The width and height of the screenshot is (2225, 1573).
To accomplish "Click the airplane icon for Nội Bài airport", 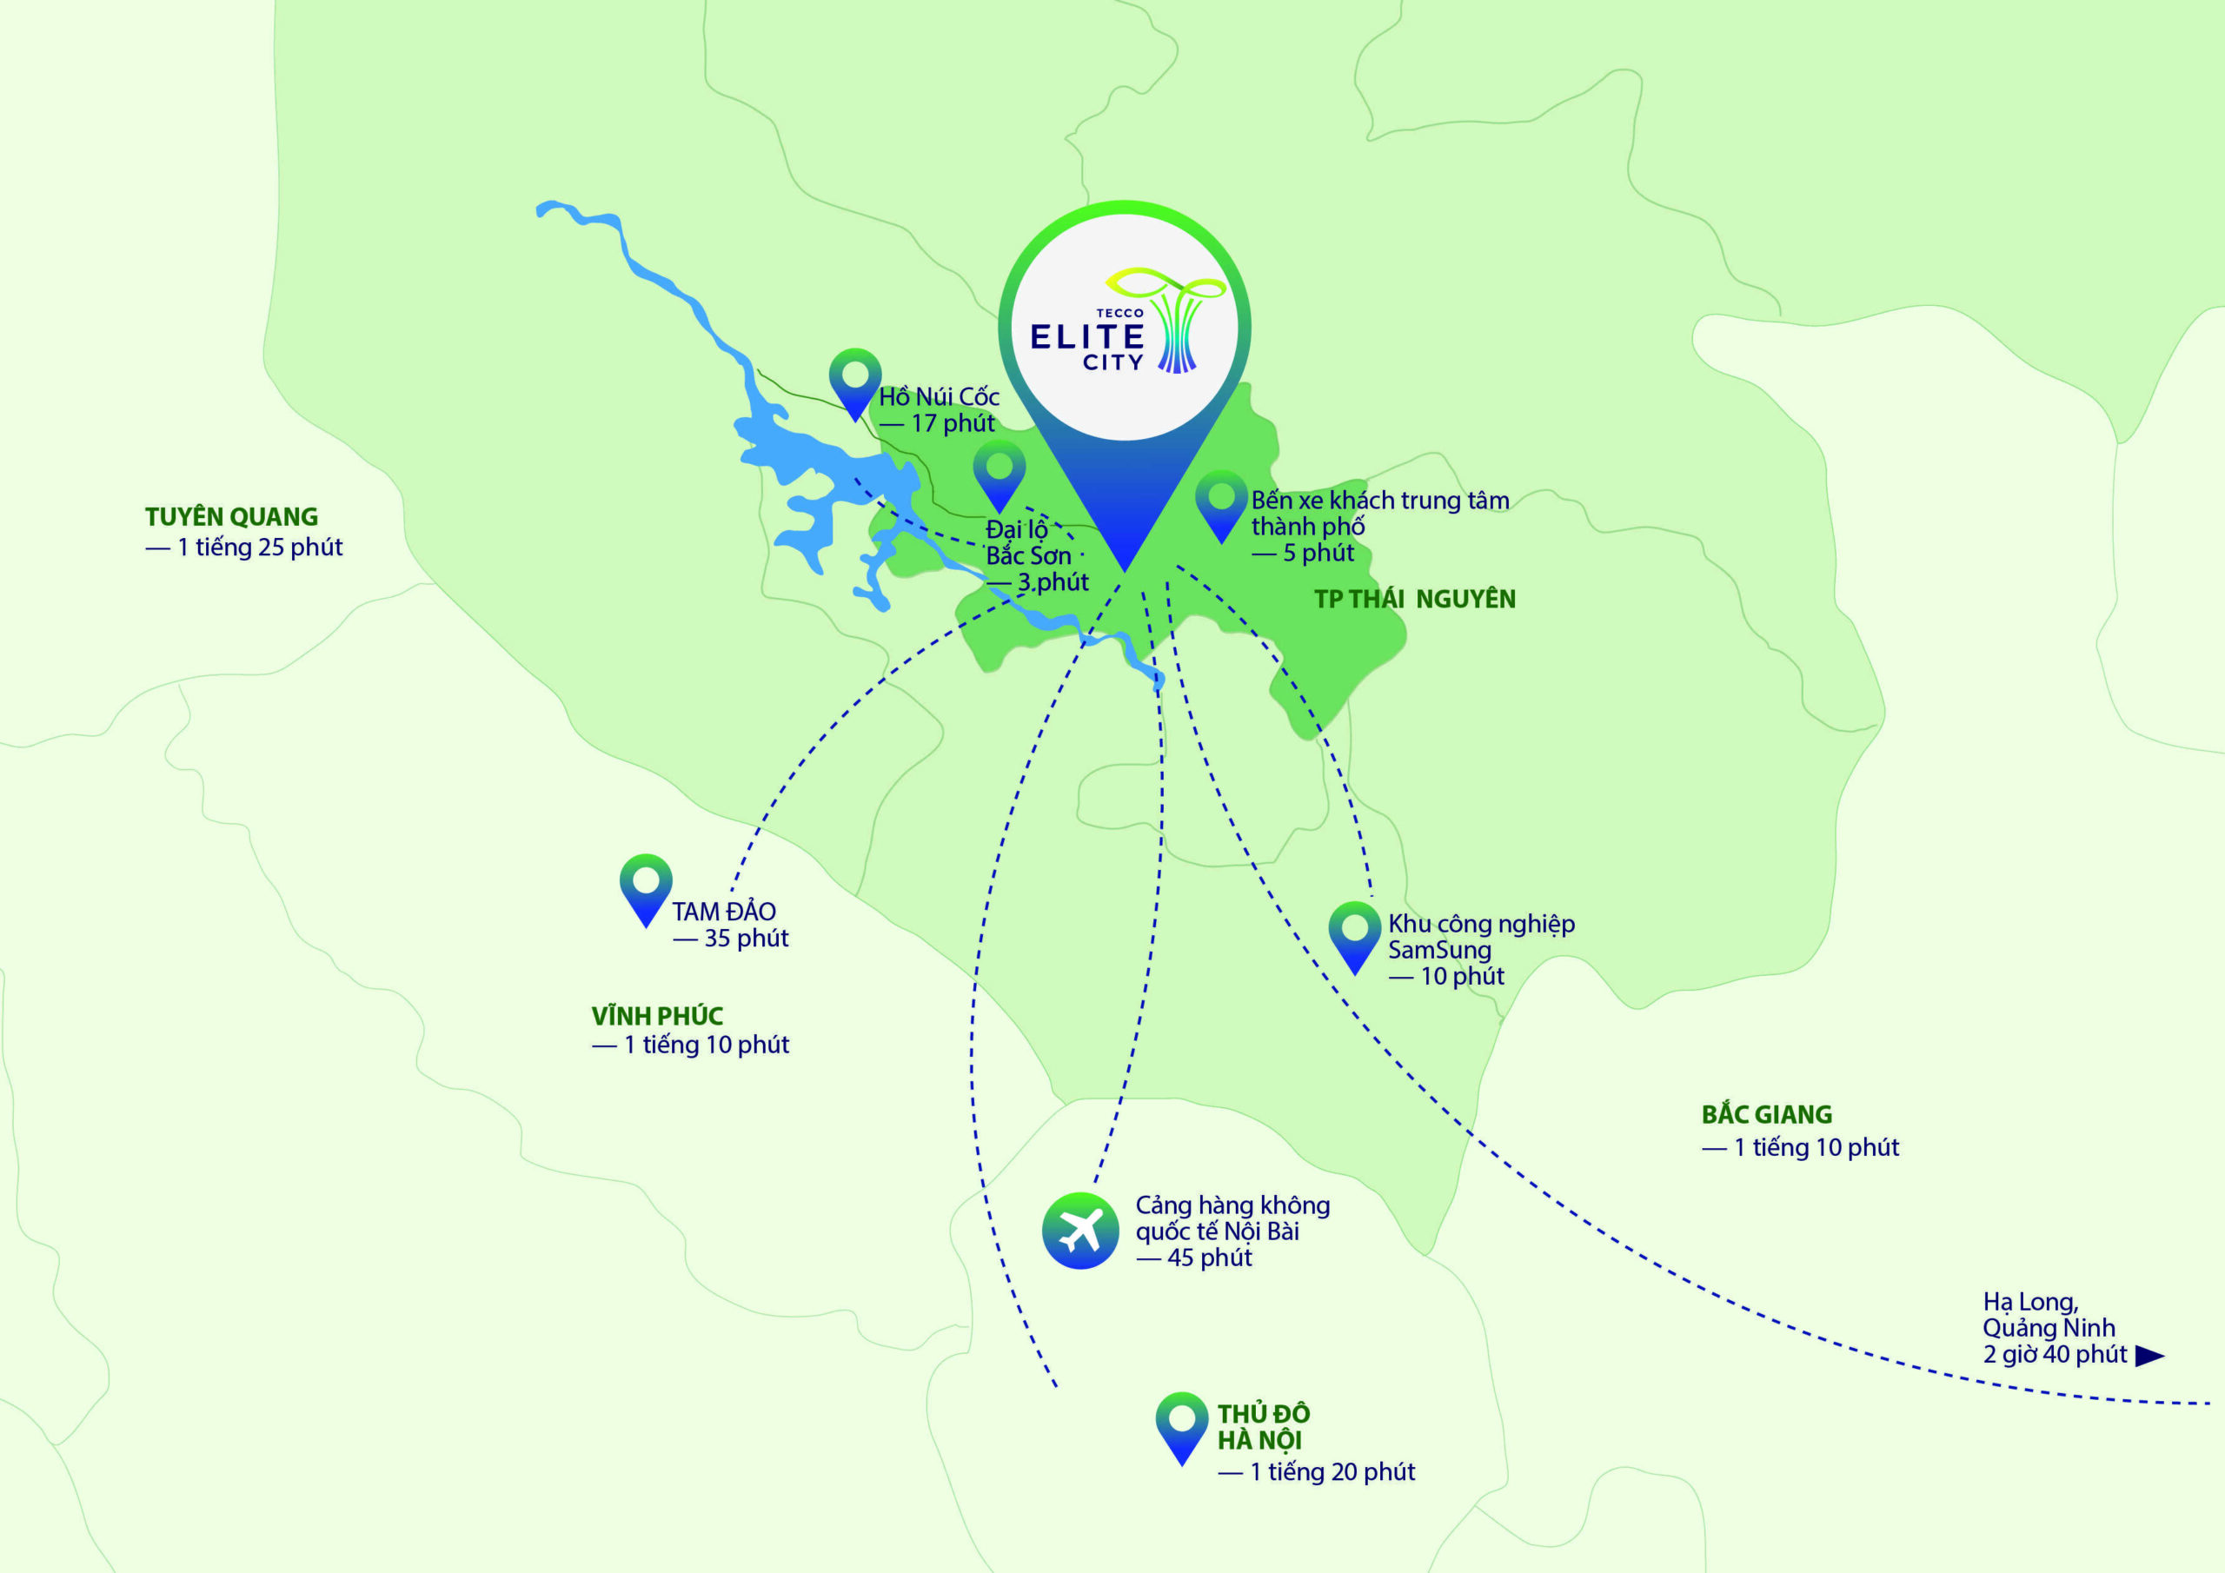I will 1079,1231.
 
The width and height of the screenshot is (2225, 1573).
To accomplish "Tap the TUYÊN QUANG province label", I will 231,516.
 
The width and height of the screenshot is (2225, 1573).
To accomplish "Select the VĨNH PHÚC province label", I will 657,1016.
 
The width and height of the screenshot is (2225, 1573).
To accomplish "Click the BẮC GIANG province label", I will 1767,1115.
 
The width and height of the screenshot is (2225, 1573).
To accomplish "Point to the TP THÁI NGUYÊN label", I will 1415,599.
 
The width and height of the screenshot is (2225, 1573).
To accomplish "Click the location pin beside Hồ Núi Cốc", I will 854,381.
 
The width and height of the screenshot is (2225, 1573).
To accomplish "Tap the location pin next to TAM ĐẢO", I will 646,886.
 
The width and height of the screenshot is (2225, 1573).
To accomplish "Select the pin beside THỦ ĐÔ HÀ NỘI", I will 1181,1425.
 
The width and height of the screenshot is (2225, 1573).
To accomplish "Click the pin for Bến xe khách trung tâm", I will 1221,503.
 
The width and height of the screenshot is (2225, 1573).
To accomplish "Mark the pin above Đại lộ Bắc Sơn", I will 1000,473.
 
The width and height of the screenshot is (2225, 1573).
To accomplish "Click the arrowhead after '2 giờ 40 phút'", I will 2149,1356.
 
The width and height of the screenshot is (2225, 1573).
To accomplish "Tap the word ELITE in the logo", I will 1086,337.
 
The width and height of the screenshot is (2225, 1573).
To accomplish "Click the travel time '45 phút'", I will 1209,1258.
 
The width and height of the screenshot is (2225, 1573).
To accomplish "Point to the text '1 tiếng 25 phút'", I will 259,548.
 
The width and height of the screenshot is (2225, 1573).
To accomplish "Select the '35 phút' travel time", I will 745,939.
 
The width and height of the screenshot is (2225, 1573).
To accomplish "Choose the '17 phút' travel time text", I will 952,423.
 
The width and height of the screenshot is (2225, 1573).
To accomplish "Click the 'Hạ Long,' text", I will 2030,1302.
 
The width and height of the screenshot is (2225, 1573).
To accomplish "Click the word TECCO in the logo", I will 1119,313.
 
